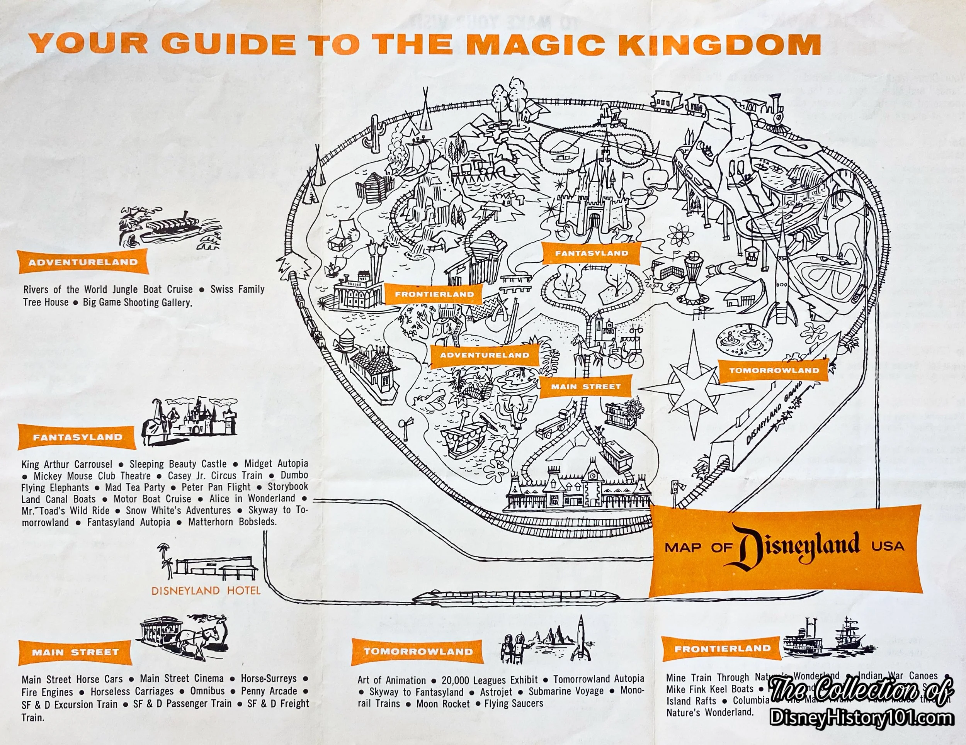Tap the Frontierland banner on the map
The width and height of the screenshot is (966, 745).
[x=434, y=294]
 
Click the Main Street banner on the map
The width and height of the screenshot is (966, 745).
[x=586, y=387]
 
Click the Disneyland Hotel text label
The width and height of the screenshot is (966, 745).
[x=206, y=591]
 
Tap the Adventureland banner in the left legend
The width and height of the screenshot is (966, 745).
[x=83, y=262]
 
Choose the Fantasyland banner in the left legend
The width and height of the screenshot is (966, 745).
[x=77, y=437]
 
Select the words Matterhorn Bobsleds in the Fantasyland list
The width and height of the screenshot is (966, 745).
[x=232, y=522]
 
